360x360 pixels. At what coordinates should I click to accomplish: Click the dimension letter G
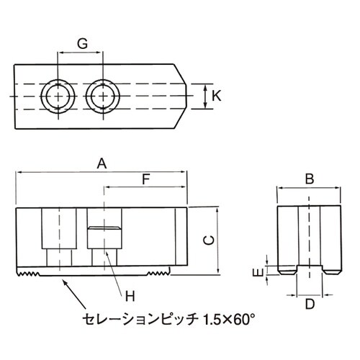[82, 43]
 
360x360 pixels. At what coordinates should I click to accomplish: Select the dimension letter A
[102, 164]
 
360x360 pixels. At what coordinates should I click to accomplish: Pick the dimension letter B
[308, 179]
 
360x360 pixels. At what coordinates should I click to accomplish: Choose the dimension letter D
[310, 304]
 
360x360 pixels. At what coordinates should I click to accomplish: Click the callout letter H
[130, 294]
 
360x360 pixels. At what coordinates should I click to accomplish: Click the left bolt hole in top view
[56, 95]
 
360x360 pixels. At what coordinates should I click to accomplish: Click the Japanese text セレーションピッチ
[140, 318]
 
